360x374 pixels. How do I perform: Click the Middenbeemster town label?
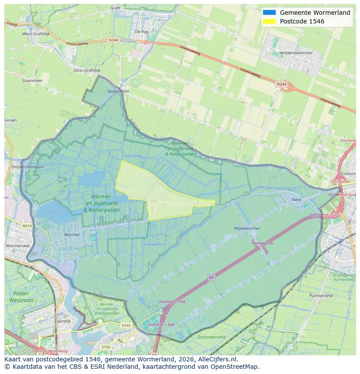[297, 53]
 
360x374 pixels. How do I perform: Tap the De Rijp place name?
[142, 31]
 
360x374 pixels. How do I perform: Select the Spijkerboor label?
[118, 92]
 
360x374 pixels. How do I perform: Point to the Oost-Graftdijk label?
[87, 70]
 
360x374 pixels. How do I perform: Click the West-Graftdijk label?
[36, 33]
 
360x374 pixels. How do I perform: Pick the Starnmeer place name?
[33, 81]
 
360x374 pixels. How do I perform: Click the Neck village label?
[297, 199]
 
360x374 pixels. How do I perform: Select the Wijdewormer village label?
[247, 228]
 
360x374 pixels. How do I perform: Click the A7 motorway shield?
[211, 277]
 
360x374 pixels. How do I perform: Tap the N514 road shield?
[27, 225]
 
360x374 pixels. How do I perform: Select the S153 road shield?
[126, 325]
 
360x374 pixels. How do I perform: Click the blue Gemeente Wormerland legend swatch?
[269, 13]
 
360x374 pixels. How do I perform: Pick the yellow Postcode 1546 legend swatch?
[269, 21]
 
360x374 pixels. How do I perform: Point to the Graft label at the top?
[115, 8]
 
